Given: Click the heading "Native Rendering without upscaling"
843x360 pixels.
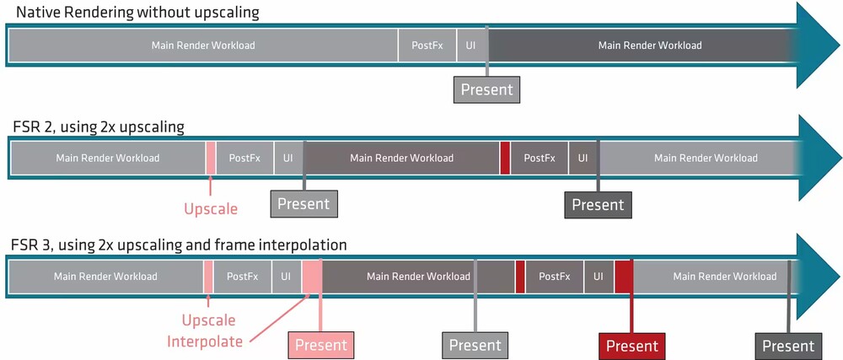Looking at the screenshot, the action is click(137, 13).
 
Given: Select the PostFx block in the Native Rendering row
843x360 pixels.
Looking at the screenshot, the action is click(427, 46).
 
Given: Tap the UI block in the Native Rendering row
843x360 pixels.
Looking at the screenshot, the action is click(471, 46).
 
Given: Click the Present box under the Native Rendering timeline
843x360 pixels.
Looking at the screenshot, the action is click(487, 89).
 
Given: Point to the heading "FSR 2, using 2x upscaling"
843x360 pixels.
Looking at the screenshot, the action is click(99, 128).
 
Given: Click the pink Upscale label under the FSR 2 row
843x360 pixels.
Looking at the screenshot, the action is click(211, 208).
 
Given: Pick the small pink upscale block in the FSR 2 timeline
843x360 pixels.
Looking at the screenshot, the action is click(211, 158).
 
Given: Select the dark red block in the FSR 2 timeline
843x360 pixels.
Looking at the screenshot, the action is click(505, 158).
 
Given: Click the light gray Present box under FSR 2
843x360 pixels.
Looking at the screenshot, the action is click(303, 204).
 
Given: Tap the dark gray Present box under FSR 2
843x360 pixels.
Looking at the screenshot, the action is click(598, 205).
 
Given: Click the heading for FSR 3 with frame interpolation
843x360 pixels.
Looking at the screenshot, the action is click(179, 245).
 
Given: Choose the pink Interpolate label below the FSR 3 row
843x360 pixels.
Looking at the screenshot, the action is click(204, 341).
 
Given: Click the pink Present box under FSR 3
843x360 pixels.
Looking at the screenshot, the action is click(321, 345).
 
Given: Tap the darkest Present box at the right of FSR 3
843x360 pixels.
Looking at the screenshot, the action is click(789, 345).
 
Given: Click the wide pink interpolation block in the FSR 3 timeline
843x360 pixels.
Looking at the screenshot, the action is click(313, 277).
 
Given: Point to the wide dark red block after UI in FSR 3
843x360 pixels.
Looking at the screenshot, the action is click(624, 277).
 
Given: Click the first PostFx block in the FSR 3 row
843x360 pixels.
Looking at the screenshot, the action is click(243, 277).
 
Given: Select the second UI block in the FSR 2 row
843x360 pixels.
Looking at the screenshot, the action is click(583, 158).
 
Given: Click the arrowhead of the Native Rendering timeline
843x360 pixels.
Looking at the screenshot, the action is click(817, 46).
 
